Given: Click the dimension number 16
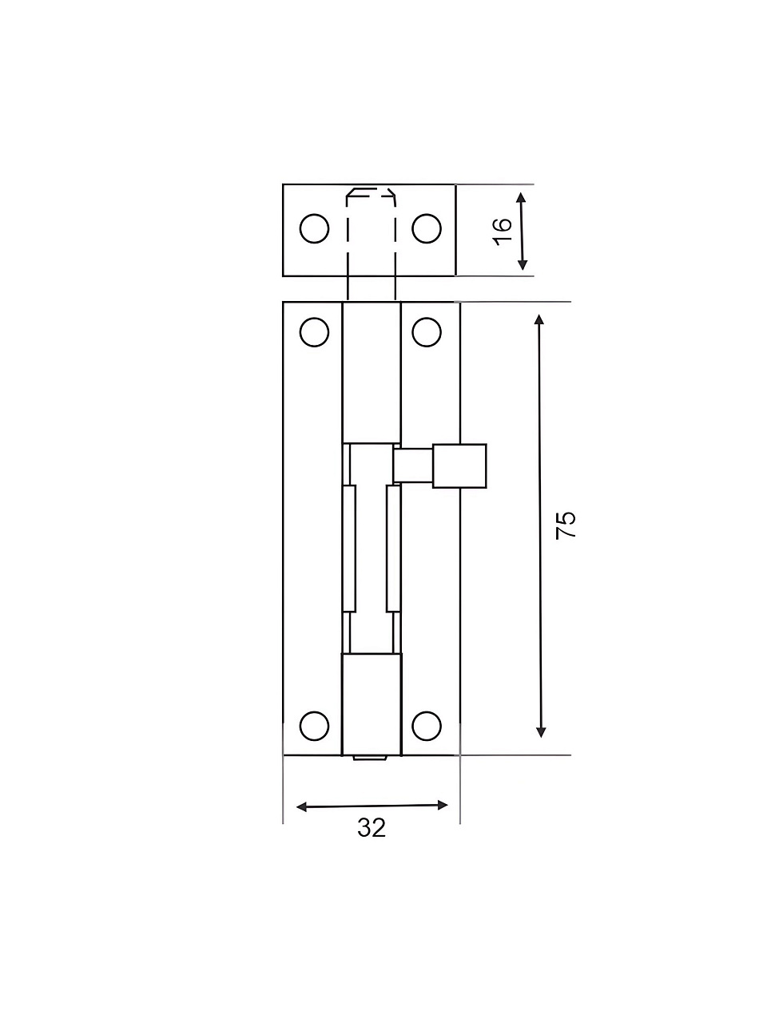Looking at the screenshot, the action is pyautogui.click(x=503, y=231).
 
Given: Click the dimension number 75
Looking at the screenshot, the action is pyautogui.click(x=566, y=525).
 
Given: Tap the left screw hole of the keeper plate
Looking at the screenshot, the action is pyautogui.click(x=314, y=228).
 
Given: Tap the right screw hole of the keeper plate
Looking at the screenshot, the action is pyautogui.click(x=427, y=228).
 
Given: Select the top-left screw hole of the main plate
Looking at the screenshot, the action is pyautogui.click(x=314, y=332).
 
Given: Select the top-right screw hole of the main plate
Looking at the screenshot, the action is pyautogui.click(x=427, y=332).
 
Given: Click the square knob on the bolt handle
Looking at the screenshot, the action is pyautogui.click(x=459, y=465).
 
